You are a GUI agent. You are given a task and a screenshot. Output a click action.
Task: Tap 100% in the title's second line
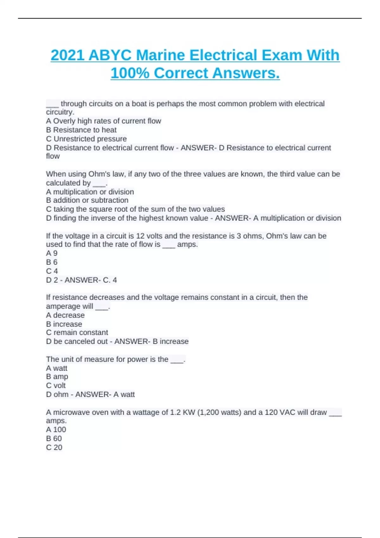pyautogui.click(x=130, y=73)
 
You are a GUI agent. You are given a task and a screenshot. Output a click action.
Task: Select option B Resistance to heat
pyautogui.click(x=81, y=130)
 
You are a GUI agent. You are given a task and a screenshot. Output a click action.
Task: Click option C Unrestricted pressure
pyautogui.click(x=86, y=139)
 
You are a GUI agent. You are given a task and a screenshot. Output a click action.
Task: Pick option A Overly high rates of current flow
pyautogui.click(x=104, y=121)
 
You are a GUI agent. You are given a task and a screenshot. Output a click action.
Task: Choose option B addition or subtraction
pyautogui.click(x=87, y=200)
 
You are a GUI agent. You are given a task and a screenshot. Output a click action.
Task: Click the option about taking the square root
pyautogui.click(x=135, y=209)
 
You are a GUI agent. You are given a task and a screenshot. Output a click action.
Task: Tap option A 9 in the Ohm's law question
pyautogui.click(x=52, y=253)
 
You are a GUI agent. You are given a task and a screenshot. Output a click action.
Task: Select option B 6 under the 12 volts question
pyautogui.click(x=52, y=262)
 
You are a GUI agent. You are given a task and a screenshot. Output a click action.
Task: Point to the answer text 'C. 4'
pyautogui.click(x=110, y=280)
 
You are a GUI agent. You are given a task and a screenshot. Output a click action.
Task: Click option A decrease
pyautogui.click(x=65, y=315)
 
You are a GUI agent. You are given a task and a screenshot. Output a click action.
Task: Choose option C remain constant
pyautogui.click(x=77, y=332)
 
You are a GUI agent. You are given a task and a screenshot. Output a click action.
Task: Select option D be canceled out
pyautogui.click(x=77, y=341)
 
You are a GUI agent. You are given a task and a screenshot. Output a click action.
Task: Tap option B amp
pyautogui.click(x=57, y=377)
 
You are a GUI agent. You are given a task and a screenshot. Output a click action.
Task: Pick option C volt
pyautogui.click(x=56, y=385)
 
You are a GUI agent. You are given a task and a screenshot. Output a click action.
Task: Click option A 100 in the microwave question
pyautogui.click(x=56, y=429)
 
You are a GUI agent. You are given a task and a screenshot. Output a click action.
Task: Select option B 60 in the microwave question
pyautogui.click(x=54, y=438)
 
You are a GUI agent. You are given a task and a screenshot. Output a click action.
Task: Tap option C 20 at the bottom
pyautogui.click(x=54, y=447)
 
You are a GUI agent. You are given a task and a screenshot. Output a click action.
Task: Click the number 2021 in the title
pyautogui.click(x=67, y=55)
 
